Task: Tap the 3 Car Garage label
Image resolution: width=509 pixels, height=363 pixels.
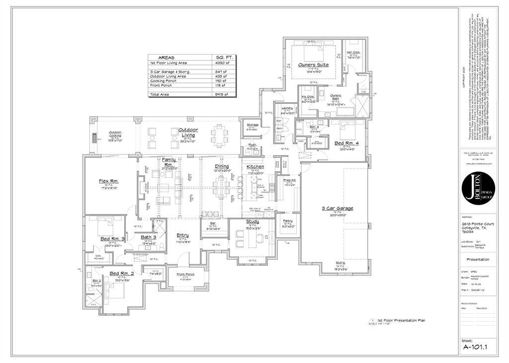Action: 337,209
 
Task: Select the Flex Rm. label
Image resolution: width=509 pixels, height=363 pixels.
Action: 108,181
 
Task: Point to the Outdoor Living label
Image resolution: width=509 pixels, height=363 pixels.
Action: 188,132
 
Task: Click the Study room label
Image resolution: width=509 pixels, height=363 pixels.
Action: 253,221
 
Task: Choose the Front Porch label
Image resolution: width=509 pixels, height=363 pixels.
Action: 186,274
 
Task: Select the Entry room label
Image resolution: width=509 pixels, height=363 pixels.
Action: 183,235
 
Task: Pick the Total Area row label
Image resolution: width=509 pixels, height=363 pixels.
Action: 160,94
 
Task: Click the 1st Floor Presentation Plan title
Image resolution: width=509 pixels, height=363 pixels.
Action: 401,321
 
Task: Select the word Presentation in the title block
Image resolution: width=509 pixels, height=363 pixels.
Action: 477,259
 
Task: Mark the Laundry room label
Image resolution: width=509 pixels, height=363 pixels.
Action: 287,108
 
